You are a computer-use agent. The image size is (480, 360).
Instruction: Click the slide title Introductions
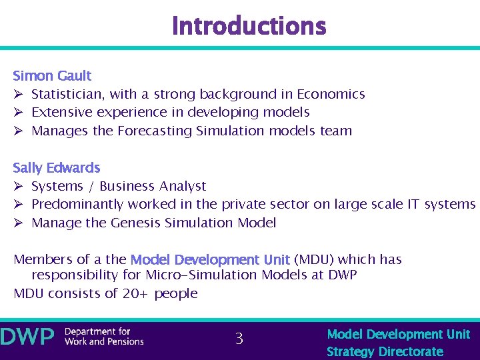(249, 26)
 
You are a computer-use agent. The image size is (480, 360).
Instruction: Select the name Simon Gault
(52, 76)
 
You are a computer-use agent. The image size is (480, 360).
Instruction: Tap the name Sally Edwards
(57, 168)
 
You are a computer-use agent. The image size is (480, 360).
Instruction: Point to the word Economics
(331, 95)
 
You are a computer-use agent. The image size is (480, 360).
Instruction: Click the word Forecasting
(155, 131)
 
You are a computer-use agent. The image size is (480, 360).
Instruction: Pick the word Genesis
(135, 223)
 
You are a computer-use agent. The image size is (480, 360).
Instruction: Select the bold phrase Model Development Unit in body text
(210, 260)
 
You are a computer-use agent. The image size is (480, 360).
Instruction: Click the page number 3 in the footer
(239, 339)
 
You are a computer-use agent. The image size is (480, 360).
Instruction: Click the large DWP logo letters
(27, 337)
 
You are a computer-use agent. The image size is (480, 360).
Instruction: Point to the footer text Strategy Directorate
(385, 351)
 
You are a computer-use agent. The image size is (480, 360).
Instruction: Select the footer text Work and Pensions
(104, 342)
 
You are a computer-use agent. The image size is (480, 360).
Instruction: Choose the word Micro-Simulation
(201, 275)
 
